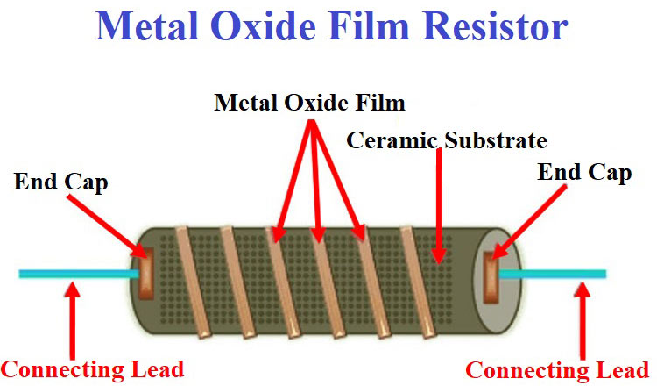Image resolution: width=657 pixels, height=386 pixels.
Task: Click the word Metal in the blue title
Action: pyautogui.click(x=147, y=26)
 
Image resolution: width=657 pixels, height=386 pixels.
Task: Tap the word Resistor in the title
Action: pyautogui.click(x=494, y=26)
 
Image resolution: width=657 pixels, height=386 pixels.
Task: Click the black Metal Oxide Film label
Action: pyautogui.click(x=309, y=103)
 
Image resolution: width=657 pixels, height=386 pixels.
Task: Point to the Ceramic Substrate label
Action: pyautogui.click(x=447, y=139)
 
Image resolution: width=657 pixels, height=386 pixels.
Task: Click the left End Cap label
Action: pyautogui.click(x=60, y=182)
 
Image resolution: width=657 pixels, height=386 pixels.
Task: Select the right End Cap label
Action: pyautogui.click(x=584, y=173)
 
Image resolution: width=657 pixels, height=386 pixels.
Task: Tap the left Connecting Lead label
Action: pyautogui.click(x=93, y=370)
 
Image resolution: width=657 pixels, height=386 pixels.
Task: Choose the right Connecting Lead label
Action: pyautogui.click(x=557, y=371)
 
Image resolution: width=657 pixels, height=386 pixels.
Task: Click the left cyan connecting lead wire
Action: pyautogui.click(x=79, y=274)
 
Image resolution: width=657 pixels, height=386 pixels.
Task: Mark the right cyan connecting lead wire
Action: pyautogui.click(x=552, y=274)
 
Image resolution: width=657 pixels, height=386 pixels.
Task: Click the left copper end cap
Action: pyautogui.click(x=145, y=273)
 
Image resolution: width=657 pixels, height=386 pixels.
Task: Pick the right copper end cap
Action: pyautogui.click(x=491, y=277)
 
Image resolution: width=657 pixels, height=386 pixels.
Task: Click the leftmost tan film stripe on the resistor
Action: pyautogui.click(x=193, y=282)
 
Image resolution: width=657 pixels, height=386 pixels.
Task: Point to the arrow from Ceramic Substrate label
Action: pyautogui.click(x=439, y=206)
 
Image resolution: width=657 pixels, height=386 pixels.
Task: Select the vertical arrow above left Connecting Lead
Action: pyautogui.click(x=73, y=321)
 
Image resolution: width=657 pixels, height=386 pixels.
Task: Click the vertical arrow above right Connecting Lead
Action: pyautogui.click(x=582, y=321)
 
